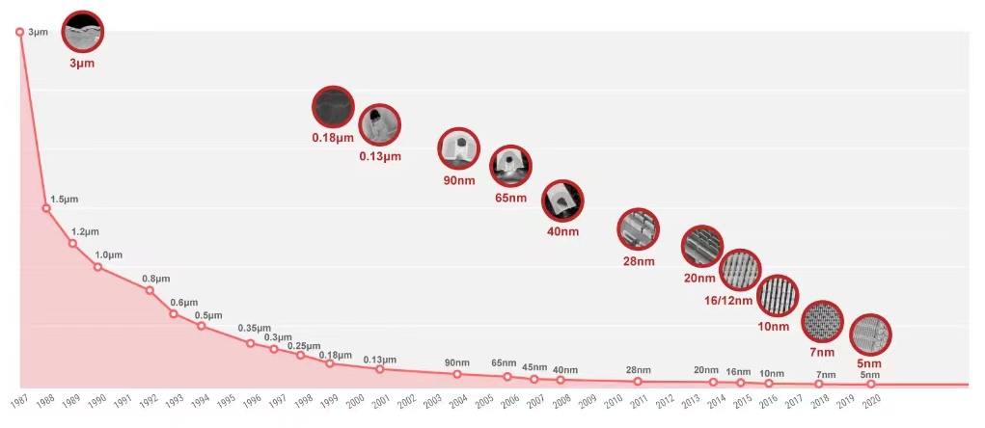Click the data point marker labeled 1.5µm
click(x=46, y=207)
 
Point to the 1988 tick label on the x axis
click(x=46, y=402)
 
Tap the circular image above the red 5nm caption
click(x=870, y=335)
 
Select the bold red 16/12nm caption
click(x=728, y=301)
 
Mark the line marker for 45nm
click(x=534, y=379)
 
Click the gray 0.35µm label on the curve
click(x=255, y=328)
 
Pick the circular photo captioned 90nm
click(x=458, y=148)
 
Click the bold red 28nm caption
click(x=639, y=261)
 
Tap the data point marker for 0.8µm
click(x=150, y=290)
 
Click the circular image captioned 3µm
click(x=82, y=31)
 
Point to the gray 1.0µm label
click(x=109, y=254)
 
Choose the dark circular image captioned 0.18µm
click(x=333, y=107)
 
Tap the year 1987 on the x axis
click(x=20, y=402)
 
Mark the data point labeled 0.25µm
click(x=301, y=355)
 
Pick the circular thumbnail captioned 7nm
click(x=822, y=321)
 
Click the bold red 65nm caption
click(x=510, y=199)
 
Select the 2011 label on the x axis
click(x=639, y=402)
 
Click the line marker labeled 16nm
click(x=741, y=383)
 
